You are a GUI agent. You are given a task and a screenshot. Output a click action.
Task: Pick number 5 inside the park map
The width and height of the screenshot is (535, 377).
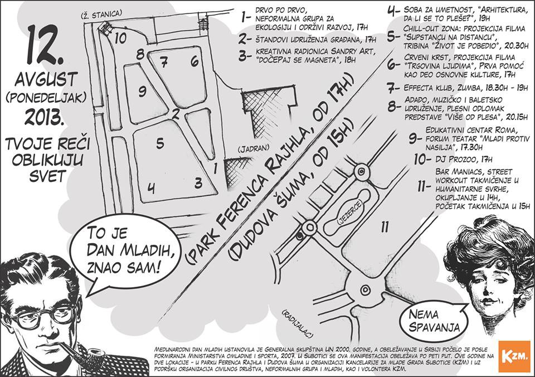[160, 144]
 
